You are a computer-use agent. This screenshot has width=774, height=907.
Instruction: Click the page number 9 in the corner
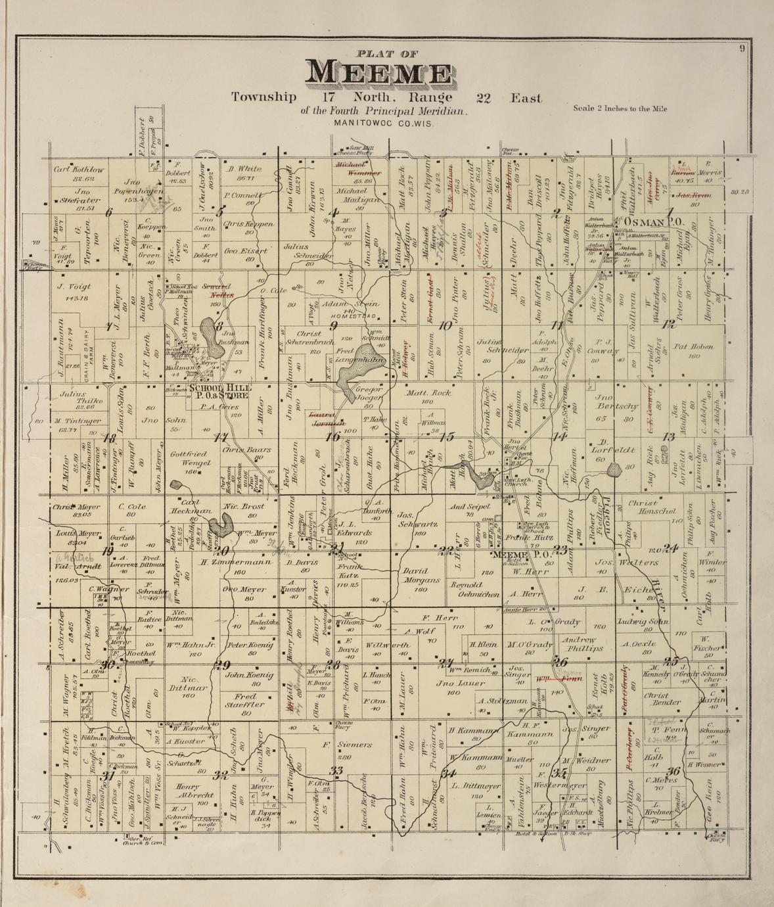pyautogui.click(x=741, y=47)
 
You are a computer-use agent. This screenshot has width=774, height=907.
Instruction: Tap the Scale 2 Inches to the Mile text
pyautogui.click(x=620, y=108)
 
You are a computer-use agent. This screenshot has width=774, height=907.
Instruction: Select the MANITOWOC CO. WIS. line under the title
pyautogui.click(x=383, y=123)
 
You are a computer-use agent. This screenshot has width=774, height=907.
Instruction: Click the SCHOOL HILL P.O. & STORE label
pyautogui.click(x=218, y=392)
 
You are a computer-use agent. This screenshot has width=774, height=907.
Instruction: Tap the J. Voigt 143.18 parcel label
pyautogui.click(x=74, y=292)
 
